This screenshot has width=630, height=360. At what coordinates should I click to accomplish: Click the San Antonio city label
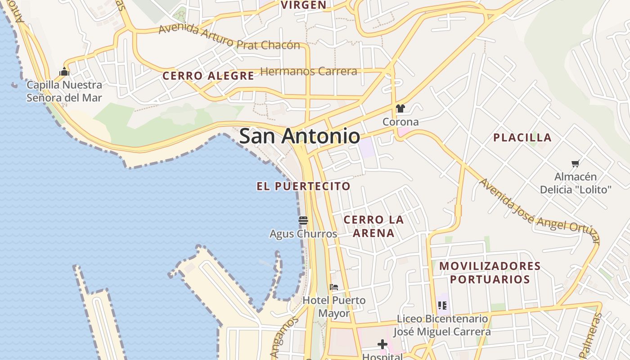[x=299, y=136]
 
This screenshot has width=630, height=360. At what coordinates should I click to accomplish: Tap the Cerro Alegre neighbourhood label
[x=208, y=76]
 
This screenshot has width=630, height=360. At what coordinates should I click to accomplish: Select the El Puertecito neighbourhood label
[x=303, y=186]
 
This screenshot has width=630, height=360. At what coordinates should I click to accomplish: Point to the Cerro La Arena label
[x=373, y=226]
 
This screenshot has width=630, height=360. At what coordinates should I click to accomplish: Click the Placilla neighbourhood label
[x=522, y=138]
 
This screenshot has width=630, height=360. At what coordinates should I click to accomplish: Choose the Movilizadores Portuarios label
[x=490, y=273]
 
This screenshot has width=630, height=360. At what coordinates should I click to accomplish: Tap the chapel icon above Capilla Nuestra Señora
[x=64, y=72]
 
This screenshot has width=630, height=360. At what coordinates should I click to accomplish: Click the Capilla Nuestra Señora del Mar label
[x=64, y=91]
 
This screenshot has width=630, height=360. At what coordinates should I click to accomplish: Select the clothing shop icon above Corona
[x=400, y=108]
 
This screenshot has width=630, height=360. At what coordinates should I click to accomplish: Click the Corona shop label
[x=400, y=122]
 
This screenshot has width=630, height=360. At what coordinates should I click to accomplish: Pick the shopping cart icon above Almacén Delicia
[x=575, y=163]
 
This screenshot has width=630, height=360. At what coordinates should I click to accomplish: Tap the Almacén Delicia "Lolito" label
[x=576, y=183]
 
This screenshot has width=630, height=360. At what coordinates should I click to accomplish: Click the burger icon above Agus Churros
[x=303, y=220]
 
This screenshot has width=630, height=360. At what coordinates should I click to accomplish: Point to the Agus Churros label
[x=303, y=234]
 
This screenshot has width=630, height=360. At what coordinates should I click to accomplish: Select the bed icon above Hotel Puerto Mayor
[x=334, y=287]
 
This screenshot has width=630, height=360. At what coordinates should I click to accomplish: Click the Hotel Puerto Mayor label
[x=334, y=306]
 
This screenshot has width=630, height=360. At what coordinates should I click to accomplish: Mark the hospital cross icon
[x=382, y=345]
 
